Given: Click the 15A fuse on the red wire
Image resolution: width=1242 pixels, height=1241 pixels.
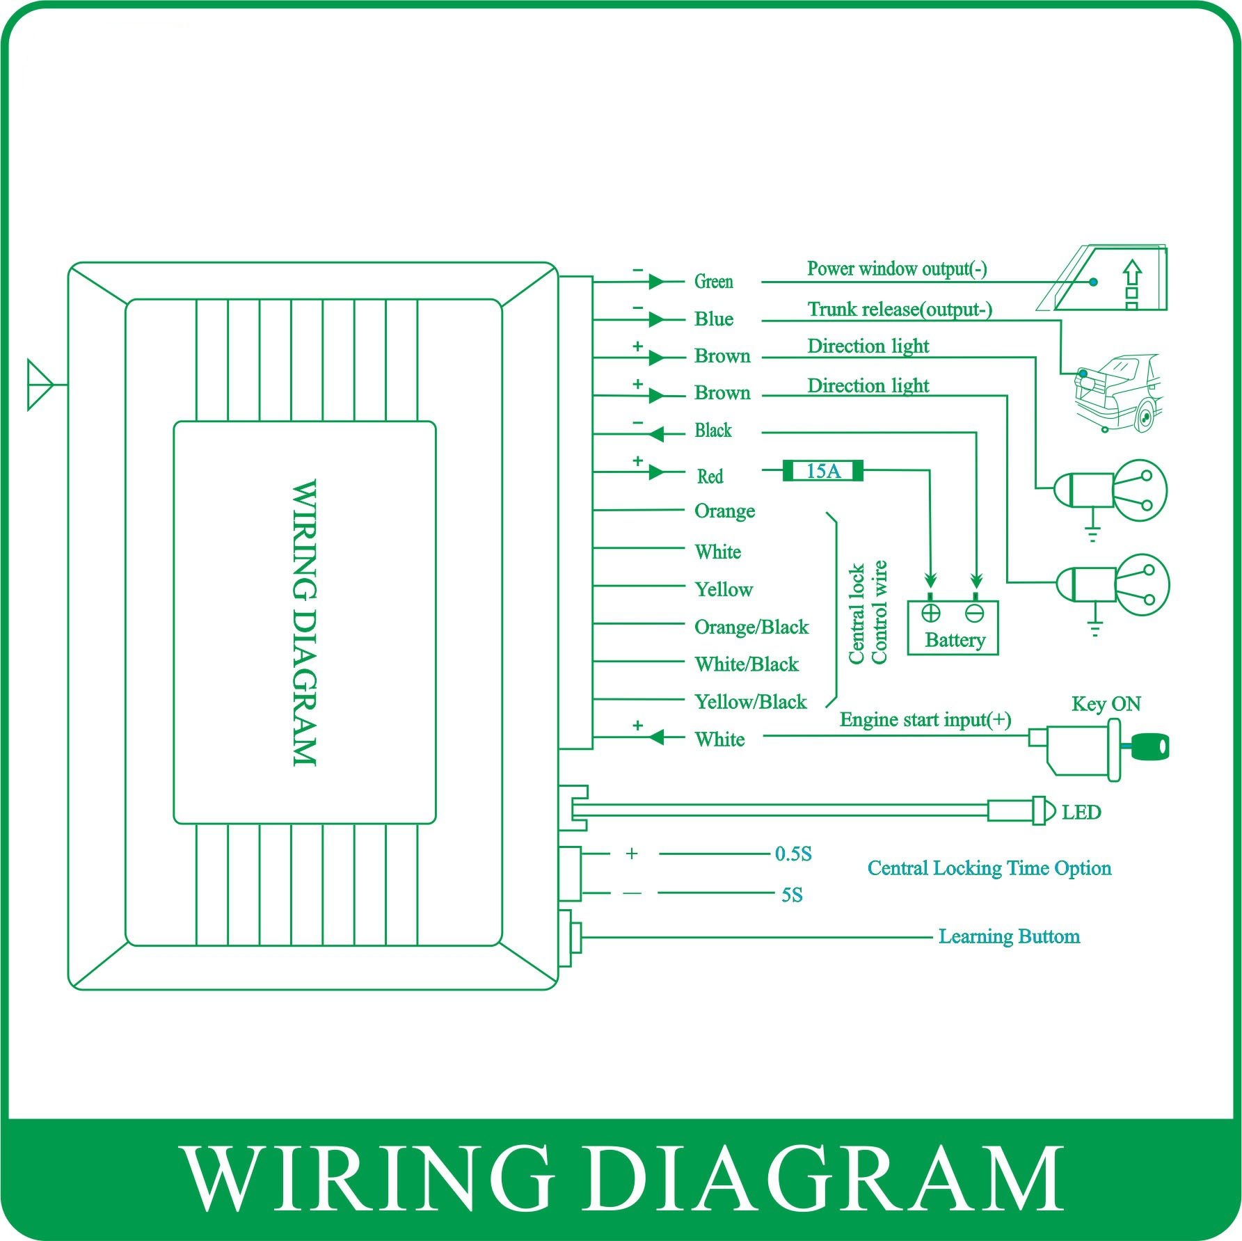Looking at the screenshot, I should pyautogui.click(x=823, y=471).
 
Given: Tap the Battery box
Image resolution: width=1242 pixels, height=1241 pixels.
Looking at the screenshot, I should pyautogui.click(x=953, y=627).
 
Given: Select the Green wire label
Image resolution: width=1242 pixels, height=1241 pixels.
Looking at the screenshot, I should pyautogui.click(x=713, y=281).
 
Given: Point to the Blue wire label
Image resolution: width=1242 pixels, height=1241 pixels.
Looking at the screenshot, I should pyautogui.click(x=713, y=319).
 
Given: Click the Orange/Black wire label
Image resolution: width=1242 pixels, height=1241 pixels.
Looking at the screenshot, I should pyautogui.click(x=751, y=627).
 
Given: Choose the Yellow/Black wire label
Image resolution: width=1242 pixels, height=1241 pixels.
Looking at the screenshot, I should pyautogui.click(x=750, y=701).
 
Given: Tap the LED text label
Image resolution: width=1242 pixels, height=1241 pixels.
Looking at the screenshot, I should pyautogui.click(x=1081, y=812).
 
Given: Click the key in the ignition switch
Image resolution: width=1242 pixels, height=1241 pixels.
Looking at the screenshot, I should pyautogui.click(x=1149, y=746).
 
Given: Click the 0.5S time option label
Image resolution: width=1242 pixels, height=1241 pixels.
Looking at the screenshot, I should pyautogui.click(x=793, y=854).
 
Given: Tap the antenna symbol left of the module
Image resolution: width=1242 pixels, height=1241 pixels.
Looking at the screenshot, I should pyautogui.click(x=40, y=384).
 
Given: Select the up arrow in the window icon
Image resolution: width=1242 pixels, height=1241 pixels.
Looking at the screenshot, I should pyautogui.click(x=1132, y=273).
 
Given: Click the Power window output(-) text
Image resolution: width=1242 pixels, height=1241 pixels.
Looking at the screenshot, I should pyautogui.click(x=896, y=269).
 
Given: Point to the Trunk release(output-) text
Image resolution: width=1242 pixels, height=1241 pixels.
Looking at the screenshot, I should pyautogui.click(x=899, y=309).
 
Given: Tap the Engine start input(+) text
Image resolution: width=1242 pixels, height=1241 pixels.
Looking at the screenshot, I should pyautogui.click(x=925, y=719).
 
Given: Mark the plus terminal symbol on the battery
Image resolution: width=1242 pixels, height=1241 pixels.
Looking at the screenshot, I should pyautogui.click(x=930, y=613).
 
